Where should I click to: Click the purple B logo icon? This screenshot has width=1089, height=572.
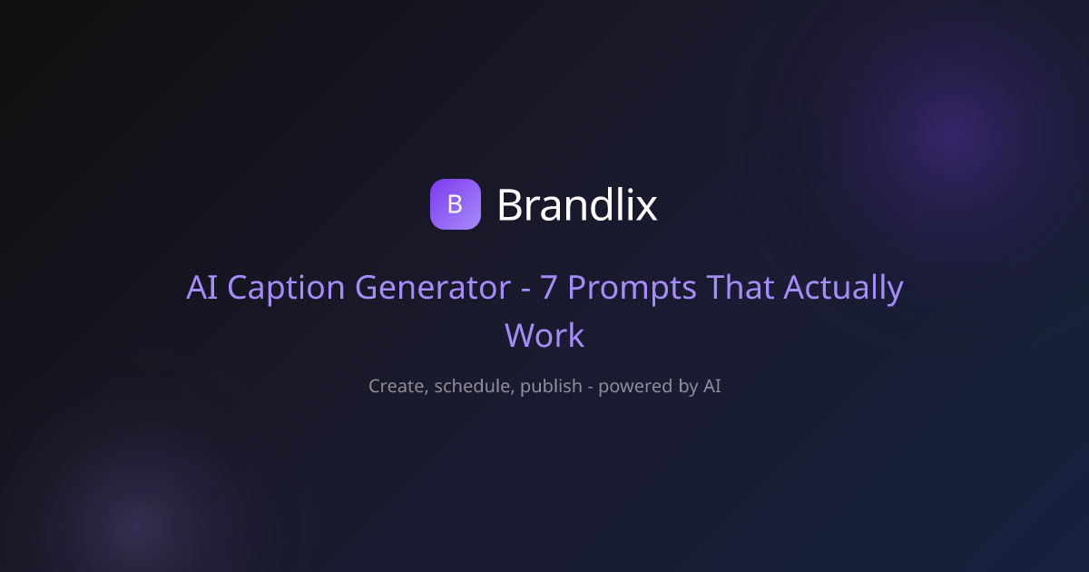tap(456, 204)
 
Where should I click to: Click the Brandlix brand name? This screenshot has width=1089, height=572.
tap(577, 205)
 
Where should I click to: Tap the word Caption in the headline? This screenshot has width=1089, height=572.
tap(286, 288)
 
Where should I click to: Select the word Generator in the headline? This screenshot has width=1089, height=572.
tap(433, 287)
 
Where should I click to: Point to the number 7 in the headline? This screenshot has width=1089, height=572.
tap(548, 287)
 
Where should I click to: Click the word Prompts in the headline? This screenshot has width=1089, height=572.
tap(632, 289)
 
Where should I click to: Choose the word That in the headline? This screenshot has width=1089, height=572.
tap(740, 287)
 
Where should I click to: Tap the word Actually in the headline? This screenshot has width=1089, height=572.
tap(843, 289)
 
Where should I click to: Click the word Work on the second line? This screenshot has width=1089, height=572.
tap(544, 335)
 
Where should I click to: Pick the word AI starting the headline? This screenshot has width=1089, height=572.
tap(201, 287)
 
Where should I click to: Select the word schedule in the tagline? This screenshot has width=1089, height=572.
tap(474, 386)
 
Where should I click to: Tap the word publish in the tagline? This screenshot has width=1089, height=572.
tap(551, 387)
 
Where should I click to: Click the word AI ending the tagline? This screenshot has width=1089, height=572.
tap(712, 386)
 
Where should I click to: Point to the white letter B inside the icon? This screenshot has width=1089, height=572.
tap(455, 204)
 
